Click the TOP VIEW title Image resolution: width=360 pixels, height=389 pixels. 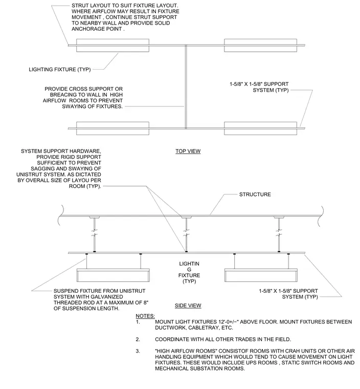(x=188, y=151)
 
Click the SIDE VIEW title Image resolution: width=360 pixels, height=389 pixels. (x=188, y=306)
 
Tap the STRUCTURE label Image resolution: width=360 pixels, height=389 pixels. (x=255, y=194)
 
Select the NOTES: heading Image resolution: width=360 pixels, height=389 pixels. (x=145, y=316)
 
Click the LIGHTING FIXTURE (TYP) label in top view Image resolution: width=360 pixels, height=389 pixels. (x=60, y=70)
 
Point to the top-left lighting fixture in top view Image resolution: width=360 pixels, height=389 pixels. (x=112, y=46)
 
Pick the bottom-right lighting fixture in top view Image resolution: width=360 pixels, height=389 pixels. (x=261, y=128)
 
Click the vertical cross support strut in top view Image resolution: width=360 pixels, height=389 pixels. (x=186, y=87)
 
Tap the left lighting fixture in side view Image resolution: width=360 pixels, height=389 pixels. (x=113, y=275)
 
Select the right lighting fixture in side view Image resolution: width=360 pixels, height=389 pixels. (x=261, y=275)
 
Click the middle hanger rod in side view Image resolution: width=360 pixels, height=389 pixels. (x=187, y=235)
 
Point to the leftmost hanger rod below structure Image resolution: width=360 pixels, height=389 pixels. (x=95, y=235)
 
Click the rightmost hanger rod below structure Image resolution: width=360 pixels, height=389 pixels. (x=279, y=235)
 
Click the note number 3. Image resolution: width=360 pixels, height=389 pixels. (x=138, y=351)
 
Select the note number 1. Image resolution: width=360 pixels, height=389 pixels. (x=138, y=322)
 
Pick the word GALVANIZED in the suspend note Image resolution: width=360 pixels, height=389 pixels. (x=107, y=297)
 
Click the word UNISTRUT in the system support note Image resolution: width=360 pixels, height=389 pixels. (x=29, y=175)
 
